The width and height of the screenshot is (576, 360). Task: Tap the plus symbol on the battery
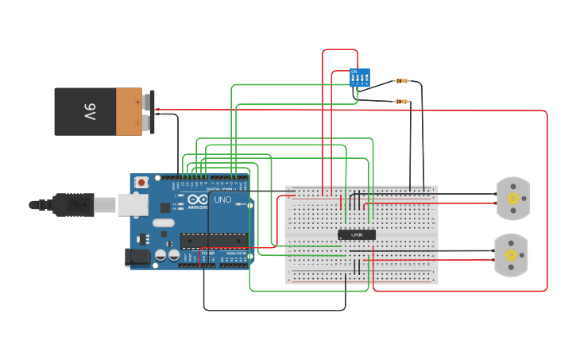[x=137, y=102]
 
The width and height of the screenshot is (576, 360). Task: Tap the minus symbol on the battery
[x=137, y=122]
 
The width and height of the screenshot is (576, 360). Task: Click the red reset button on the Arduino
[x=141, y=182]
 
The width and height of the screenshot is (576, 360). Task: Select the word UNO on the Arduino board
[x=222, y=199]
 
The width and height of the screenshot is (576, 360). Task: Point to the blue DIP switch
[x=360, y=77]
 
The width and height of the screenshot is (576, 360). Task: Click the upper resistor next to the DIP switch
[x=402, y=81]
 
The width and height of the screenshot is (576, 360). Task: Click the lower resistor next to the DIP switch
[x=402, y=102]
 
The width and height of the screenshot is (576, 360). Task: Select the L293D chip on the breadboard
[x=357, y=234]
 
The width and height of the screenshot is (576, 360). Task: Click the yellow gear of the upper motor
[x=512, y=198]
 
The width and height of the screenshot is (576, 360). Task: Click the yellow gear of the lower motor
[x=511, y=255]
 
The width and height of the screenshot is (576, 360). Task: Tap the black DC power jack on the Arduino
[x=137, y=257]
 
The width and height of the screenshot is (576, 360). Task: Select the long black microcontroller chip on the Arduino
[x=213, y=241]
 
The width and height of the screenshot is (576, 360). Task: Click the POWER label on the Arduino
[x=207, y=253]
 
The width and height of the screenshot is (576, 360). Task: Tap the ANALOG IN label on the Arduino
[x=236, y=253]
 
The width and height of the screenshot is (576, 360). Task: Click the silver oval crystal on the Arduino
[x=163, y=223]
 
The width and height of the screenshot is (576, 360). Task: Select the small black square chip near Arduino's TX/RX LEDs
[x=165, y=207]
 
